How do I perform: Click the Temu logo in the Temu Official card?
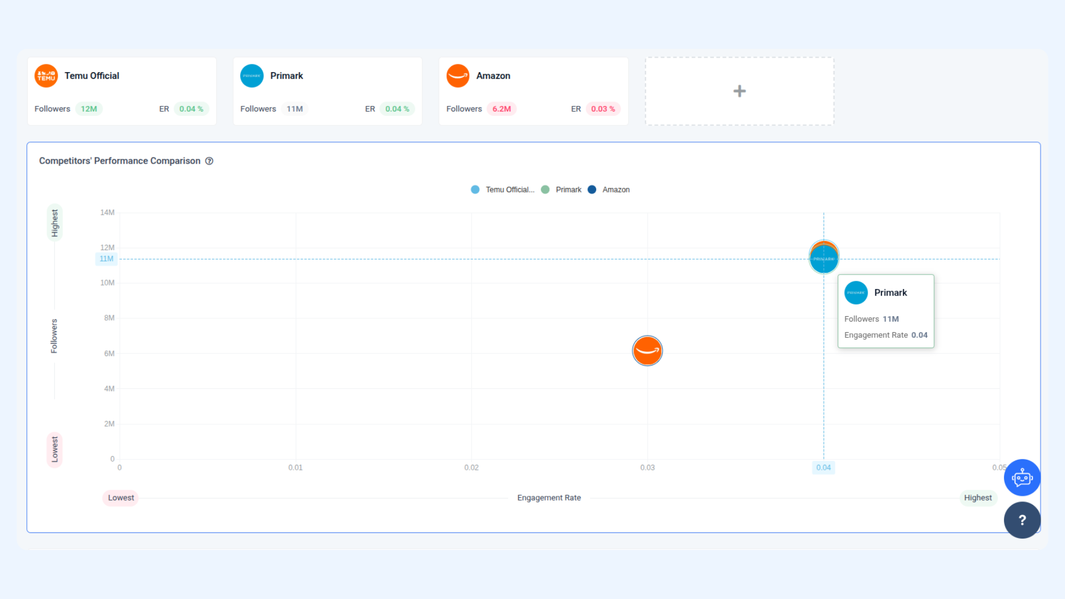[46, 76]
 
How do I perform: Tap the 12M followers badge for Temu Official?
[89, 109]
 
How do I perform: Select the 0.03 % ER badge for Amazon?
[603, 109]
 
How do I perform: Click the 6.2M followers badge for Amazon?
[501, 109]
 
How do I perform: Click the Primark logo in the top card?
[252, 76]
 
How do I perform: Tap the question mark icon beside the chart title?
[209, 161]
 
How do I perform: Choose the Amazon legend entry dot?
[592, 190]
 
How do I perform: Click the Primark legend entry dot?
[545, 190]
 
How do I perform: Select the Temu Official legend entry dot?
[475, 190]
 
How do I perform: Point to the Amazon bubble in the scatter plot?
[647, 351]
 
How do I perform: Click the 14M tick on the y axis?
[107, 212]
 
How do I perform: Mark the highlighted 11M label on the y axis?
[106, 259]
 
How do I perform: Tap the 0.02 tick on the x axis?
[471, 468]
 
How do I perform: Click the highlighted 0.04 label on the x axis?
[824, 468]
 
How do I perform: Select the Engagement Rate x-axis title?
[549, 498]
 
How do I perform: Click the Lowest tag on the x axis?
[121, 498]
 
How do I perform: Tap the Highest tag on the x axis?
[978, 498]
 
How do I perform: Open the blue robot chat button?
[1022, 478]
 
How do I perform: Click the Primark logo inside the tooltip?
[856, 293]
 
